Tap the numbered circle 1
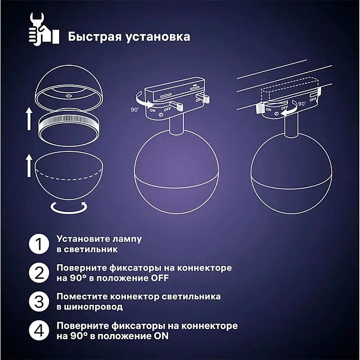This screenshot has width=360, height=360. [x=38, y=244]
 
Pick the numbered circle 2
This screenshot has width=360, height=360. [x=38, y=273]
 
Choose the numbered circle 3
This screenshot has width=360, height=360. [x=38, y=301]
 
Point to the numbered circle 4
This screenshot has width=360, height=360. [x=38, y=331]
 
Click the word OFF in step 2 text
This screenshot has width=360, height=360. [x=158, y=278]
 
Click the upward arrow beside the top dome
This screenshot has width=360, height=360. [x=29, y=119]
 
